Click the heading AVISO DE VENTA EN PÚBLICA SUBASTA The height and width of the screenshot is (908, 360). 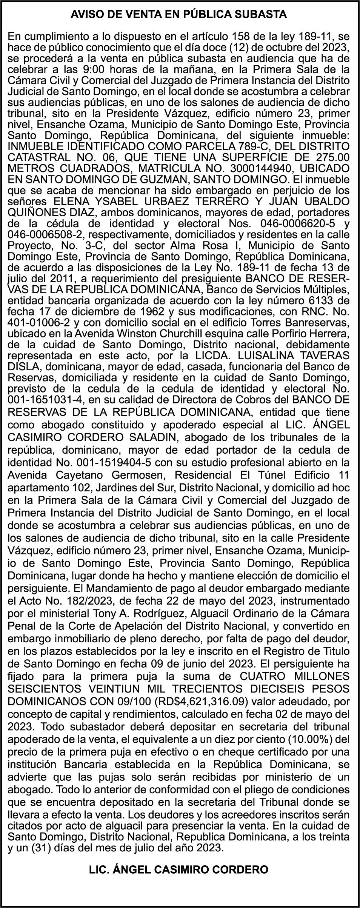pyautogui.click(x=179, y=15)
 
